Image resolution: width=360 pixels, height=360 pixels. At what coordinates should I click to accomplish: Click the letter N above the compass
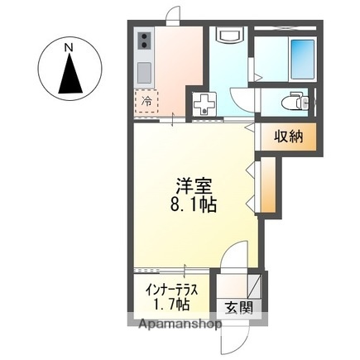click(70, 46)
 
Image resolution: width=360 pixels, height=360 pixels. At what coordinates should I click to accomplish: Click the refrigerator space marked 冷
click(146, 100)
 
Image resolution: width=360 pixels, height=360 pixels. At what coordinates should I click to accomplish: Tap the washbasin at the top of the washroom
click(228, 36)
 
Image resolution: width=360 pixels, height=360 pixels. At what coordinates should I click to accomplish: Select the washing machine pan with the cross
click(204, 103)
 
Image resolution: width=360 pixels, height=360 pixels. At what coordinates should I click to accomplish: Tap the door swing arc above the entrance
click(238, 257)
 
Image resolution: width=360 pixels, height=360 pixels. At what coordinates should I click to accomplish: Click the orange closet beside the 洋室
click(271, 187)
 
